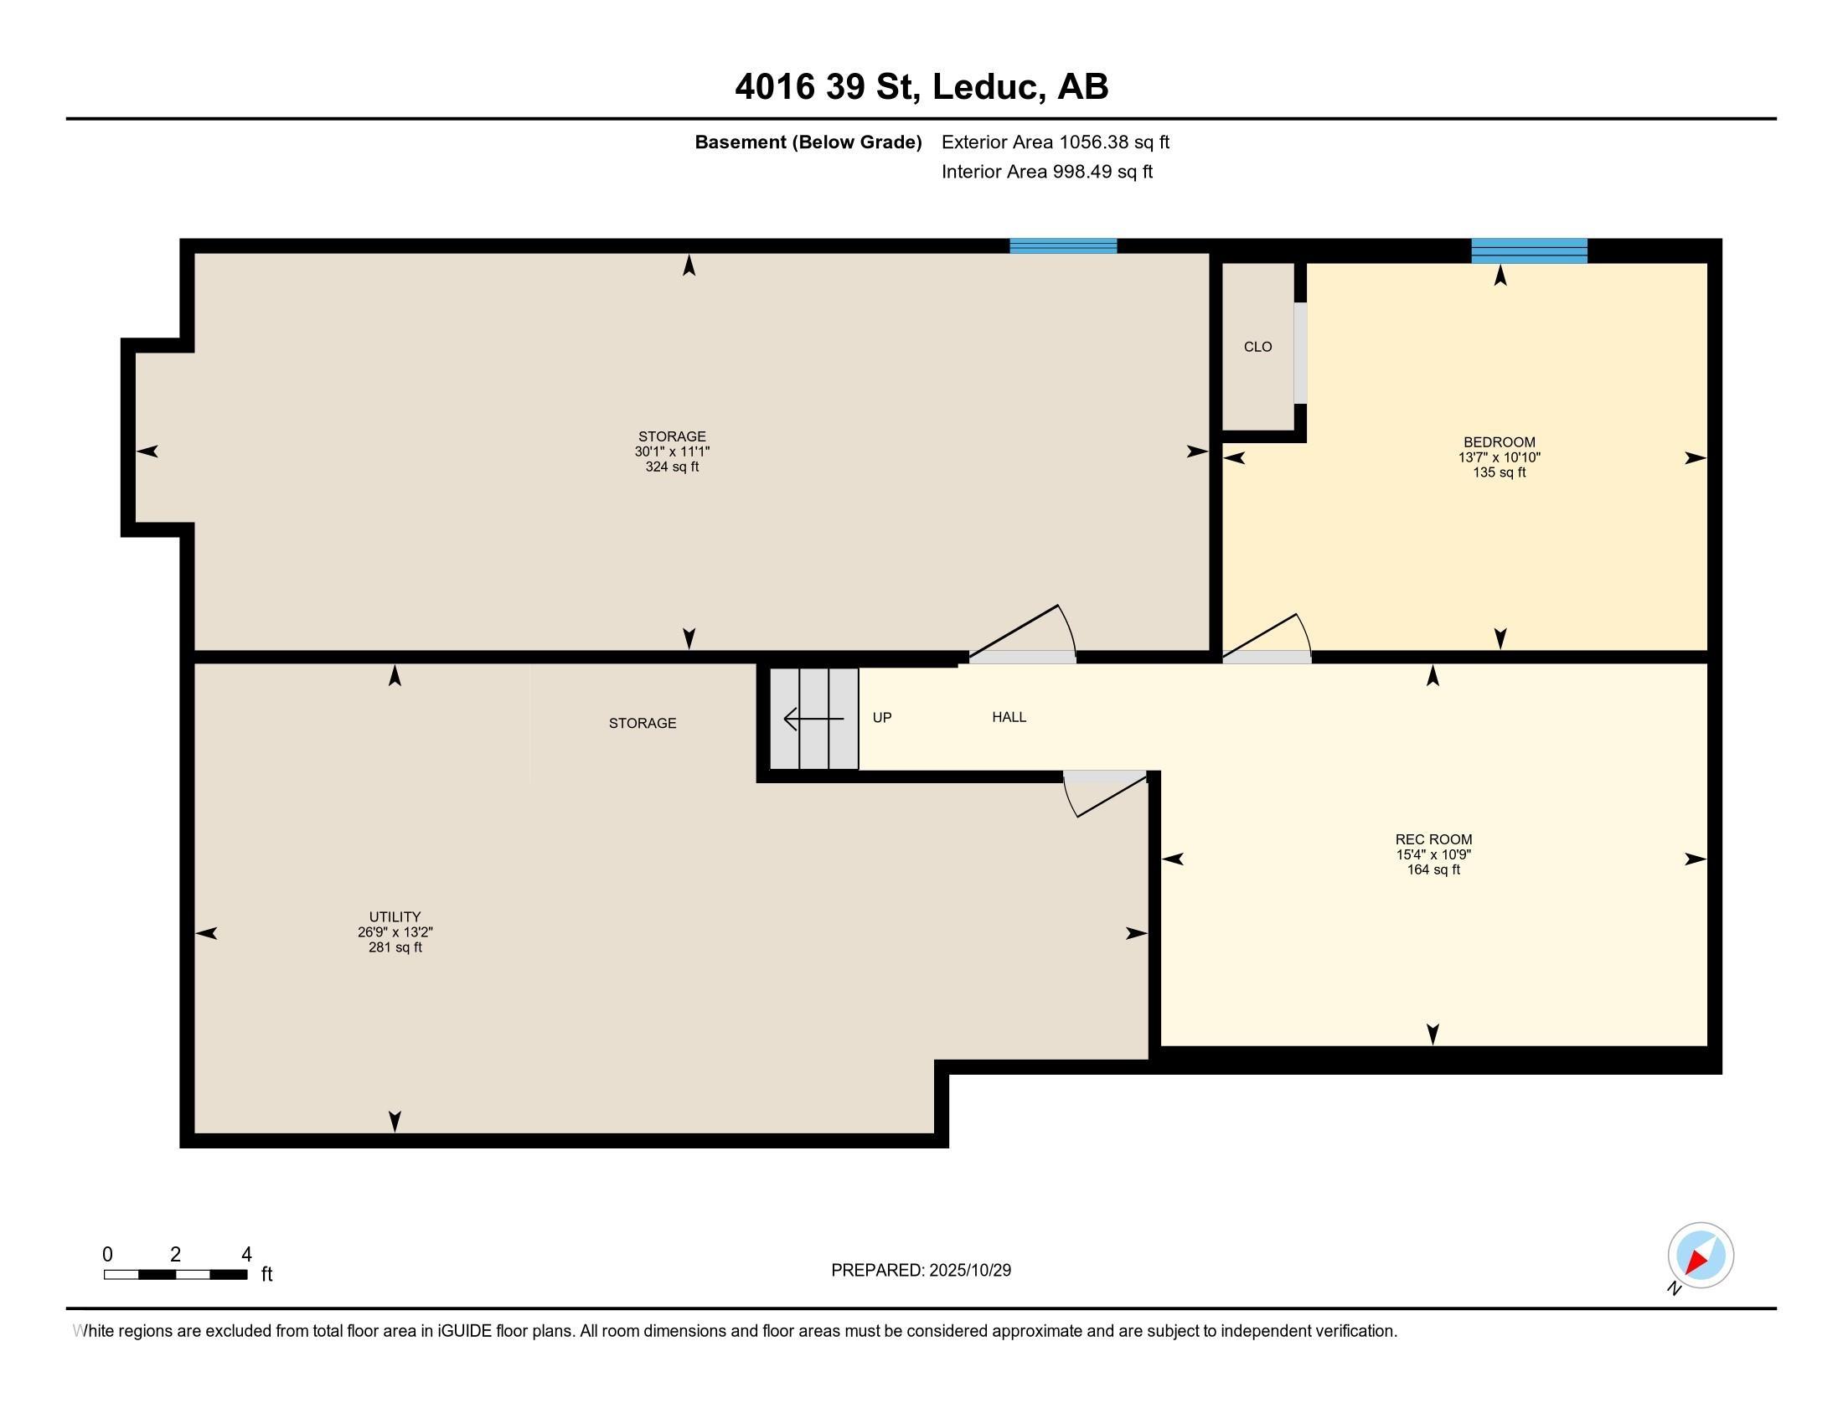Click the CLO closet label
[1257, 347]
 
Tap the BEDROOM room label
[1500, 442]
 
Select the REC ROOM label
[1433, 839]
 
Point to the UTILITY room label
[395, 917]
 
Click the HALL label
[1009, 717]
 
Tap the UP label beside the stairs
[882, 718]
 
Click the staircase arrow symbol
[813, 719]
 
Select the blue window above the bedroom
[1529, 250]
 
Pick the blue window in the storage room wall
[1063, 246]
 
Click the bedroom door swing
[1267, 637]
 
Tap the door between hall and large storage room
[1023, 633]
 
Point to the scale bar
[176, 1274]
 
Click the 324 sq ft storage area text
[672, 467]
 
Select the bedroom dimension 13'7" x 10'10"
[1500, 457]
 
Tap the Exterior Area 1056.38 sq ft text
[1056, 142]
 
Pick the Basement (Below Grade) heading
[808, 142]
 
